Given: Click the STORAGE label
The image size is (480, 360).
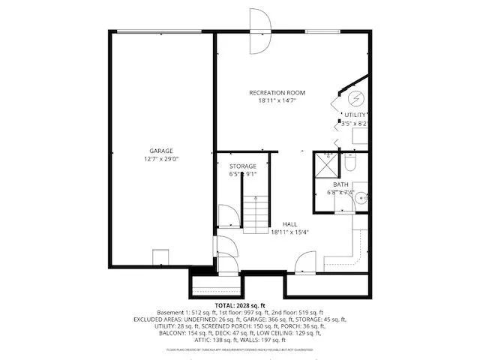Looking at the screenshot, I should [242, 166].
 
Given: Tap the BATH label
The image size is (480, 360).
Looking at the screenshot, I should [340, 184].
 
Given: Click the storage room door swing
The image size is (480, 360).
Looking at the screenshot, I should [226, 217].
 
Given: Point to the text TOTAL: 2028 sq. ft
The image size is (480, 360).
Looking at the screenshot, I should [239, 306].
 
